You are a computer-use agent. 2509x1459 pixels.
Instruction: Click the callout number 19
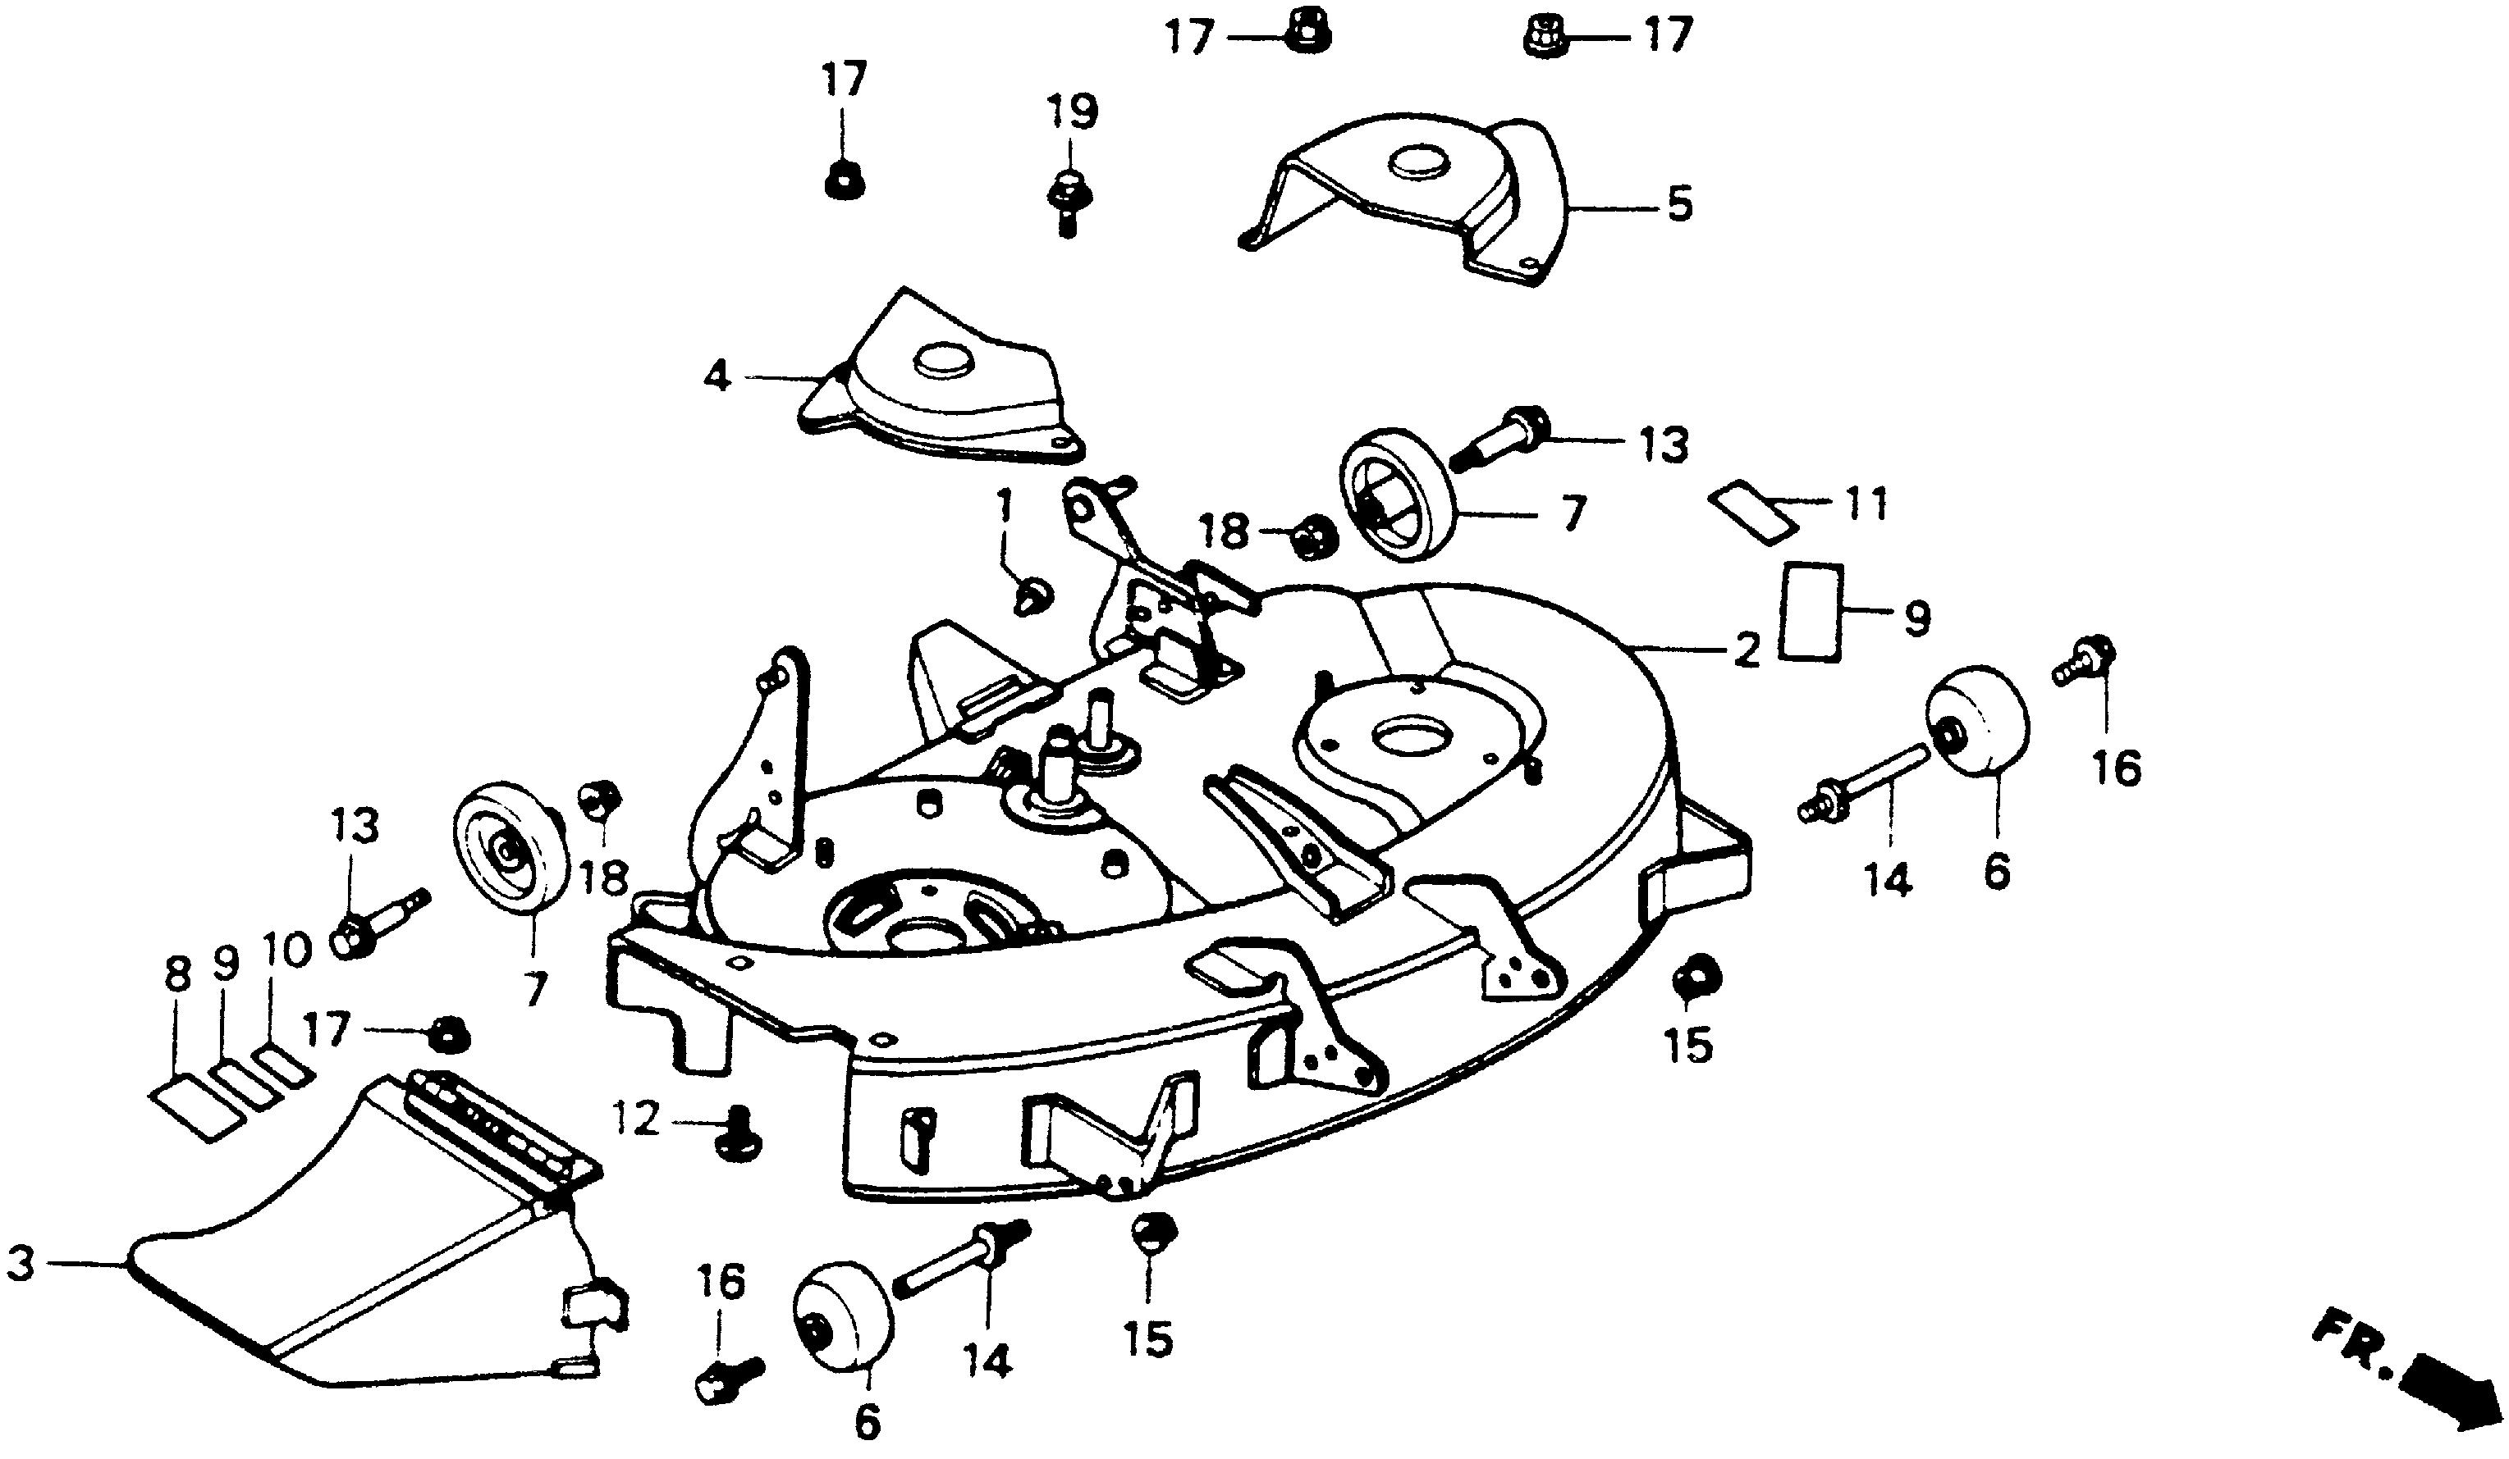click(1071, 112)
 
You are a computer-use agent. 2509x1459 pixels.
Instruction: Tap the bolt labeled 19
click(1066, 200)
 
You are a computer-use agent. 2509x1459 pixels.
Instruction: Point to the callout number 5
click(1678, 206)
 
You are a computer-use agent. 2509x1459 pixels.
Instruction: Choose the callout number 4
click(716, 377)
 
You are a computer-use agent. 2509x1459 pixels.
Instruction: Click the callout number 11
click(1867, 504)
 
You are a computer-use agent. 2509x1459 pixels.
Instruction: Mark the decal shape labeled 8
click(197, 1106)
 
